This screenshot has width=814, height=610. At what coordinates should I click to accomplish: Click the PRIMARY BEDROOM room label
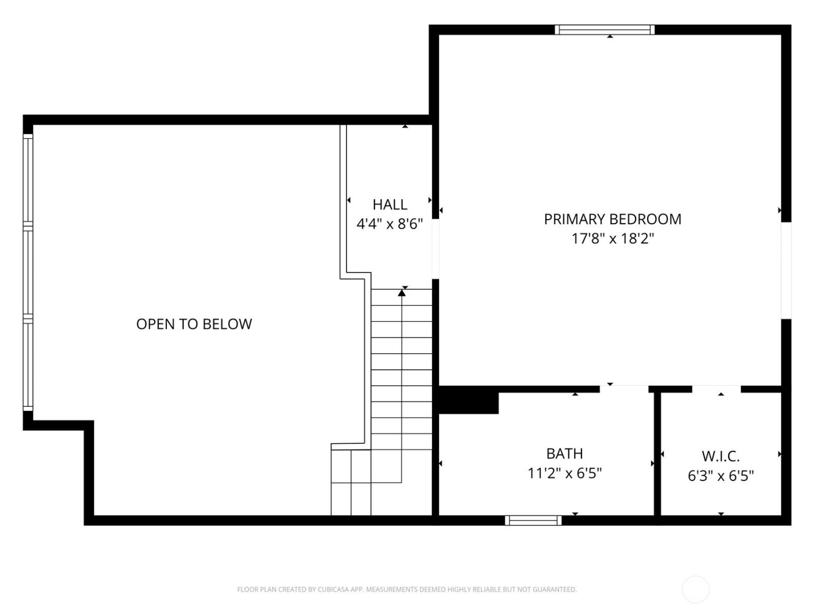pyautogui.click(x=612, y=219)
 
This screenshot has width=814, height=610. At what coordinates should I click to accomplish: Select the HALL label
pyautogui.click(x=390, y=204)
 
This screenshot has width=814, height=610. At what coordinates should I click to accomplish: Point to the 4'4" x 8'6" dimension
pyautogui.click(x=390, y=224)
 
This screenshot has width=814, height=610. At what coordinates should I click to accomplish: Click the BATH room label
pyautogui.click(x=564, y=453)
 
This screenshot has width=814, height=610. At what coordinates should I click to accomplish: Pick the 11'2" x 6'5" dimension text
pyautogui.click(x=564, y=473)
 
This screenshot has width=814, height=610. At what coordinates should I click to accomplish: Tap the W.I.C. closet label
pyautogui.click(x=720, y=456)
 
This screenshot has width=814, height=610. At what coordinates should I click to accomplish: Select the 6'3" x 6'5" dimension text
pyautogui.click(x=720, y=476)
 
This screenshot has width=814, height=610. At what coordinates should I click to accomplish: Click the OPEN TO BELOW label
pyautogui.click(x=194, y=324)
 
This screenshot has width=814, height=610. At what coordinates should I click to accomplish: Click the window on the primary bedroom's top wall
pyautogui.click(x=605, y=30)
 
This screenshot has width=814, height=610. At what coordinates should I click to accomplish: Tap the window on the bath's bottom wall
pyautogui.click(x=533, y=521)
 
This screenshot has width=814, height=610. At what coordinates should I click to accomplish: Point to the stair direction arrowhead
pyautogui.click(x=402, y=293)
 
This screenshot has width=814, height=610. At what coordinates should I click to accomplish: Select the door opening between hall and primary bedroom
pyautogui.click(x=435, y=249)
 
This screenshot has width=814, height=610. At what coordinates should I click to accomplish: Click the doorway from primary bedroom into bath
pyautogui.click(x=624, y=389)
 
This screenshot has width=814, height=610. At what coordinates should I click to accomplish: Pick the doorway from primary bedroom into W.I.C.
pyautogui.click(x=716, y=389)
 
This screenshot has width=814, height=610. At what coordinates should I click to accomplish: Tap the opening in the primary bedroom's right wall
pyautogui.click(x=786, y=270)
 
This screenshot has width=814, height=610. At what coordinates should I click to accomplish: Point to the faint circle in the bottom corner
pyautogui.click(x=695, y=590)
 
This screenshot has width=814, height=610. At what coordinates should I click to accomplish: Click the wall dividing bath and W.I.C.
pyautogui.click(x=658, y=453)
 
